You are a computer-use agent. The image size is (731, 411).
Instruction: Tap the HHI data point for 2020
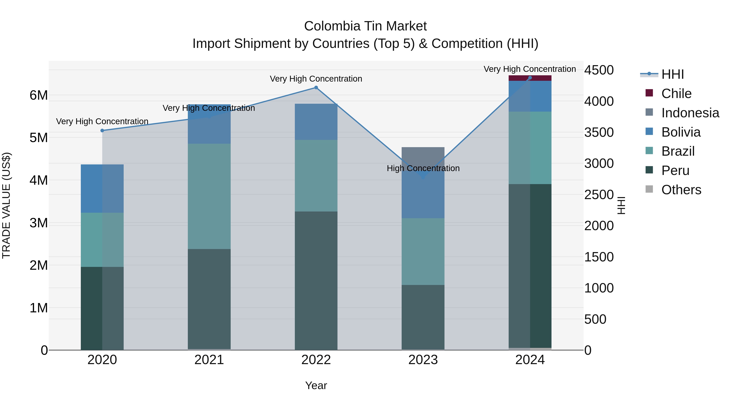click(x=102, y=131)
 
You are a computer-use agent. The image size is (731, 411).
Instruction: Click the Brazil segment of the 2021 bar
click(x=209, y=196)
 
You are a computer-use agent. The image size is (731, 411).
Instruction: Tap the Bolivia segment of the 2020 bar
click(x=102, y=188)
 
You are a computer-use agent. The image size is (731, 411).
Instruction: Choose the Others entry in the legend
click(x=681, y=190)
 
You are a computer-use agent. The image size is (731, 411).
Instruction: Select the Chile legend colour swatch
click(x=649, y=93)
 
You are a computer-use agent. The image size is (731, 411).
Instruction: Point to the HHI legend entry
click(x=672, y=74)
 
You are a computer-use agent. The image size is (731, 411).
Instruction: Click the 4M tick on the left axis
click(x=39, y=180)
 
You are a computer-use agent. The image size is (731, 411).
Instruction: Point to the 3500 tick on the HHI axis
click(x=599, y=133)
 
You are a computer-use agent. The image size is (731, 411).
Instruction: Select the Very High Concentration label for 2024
click(x=530, y=69)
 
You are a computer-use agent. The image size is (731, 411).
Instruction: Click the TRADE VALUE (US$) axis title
click(x=6, y=205)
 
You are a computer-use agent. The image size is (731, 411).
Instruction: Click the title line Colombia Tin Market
click(x=365, y=26)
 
